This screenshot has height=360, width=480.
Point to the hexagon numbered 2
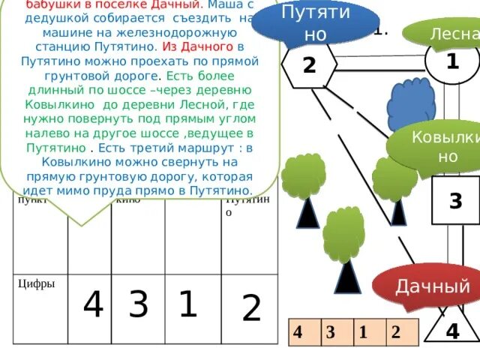click(309, 65)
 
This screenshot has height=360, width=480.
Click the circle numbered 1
click(451, 61)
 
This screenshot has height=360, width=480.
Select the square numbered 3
click(454, 200)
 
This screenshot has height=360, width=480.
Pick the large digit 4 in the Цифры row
click(93, 305)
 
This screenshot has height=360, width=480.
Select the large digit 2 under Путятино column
click(252, 308)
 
